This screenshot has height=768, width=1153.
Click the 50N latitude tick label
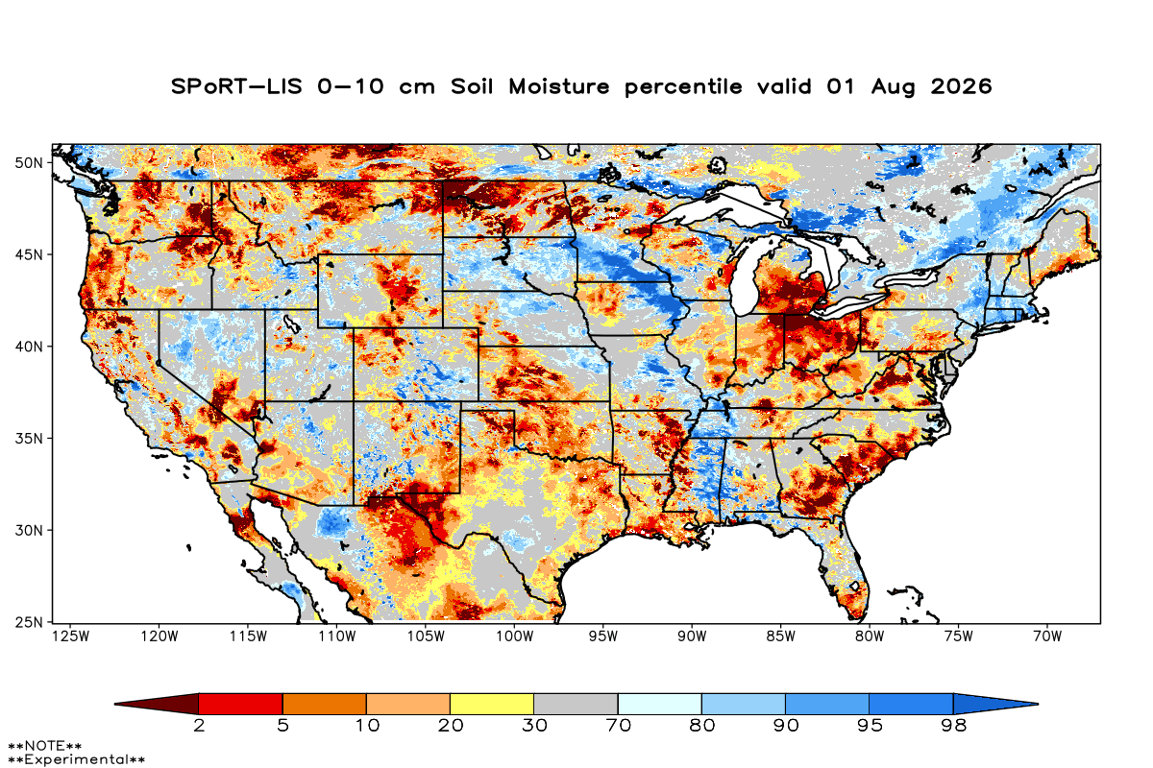[x=29, y=163]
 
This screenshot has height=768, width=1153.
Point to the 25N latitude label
[x=29, y=622]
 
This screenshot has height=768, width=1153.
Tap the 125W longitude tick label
[x=70, y=636]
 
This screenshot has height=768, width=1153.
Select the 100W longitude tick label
[x=515, y=636]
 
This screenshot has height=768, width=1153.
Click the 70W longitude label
[x=1047, y=636]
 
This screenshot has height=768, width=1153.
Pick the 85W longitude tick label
[x=781, y=636]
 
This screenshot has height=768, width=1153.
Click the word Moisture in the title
[x=559, y=86]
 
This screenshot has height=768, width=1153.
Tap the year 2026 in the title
[x=961, y=86]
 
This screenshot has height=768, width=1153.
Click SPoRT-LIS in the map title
[x=236, y=86]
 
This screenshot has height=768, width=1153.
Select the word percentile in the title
[x=683, y=87]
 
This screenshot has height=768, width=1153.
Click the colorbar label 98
[x=953, y=726]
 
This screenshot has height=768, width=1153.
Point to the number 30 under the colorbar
[x=534, y=726]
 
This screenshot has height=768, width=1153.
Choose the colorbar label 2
[x=199, y=726]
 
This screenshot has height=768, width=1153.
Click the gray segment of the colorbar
[x=576, y=704]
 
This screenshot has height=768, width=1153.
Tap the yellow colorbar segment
[x=492, y=704]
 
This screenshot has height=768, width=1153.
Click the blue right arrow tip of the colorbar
[x=1038, y=704]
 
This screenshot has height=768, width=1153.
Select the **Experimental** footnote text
[x=76, y=759]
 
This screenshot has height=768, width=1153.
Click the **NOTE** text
[x=45, y=746]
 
